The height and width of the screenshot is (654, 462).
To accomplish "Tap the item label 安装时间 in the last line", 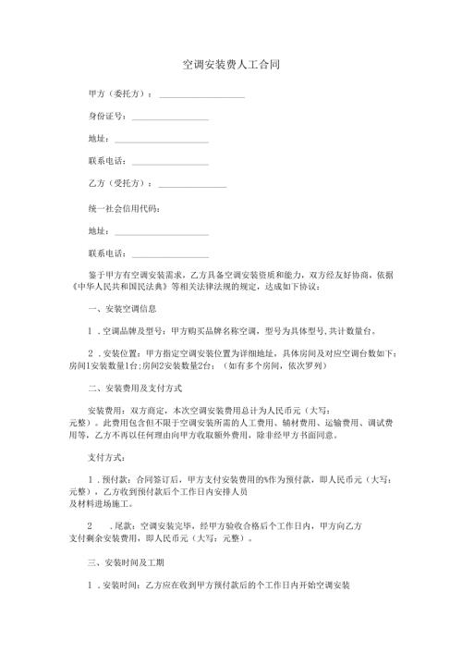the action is [x=121, y=585].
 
